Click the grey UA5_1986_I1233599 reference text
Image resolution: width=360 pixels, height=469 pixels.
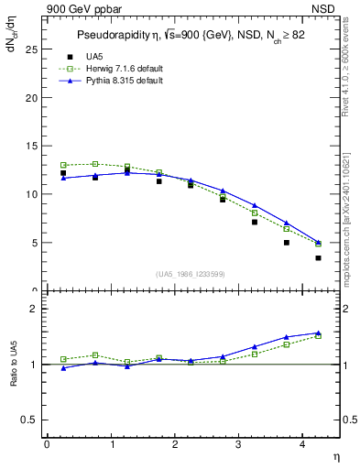[192, 275]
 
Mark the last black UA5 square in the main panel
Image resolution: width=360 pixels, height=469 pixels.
[318, 257]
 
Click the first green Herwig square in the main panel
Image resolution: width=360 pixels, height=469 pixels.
[63, 165]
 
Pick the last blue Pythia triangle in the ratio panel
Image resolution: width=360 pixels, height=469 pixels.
[318, 333]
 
